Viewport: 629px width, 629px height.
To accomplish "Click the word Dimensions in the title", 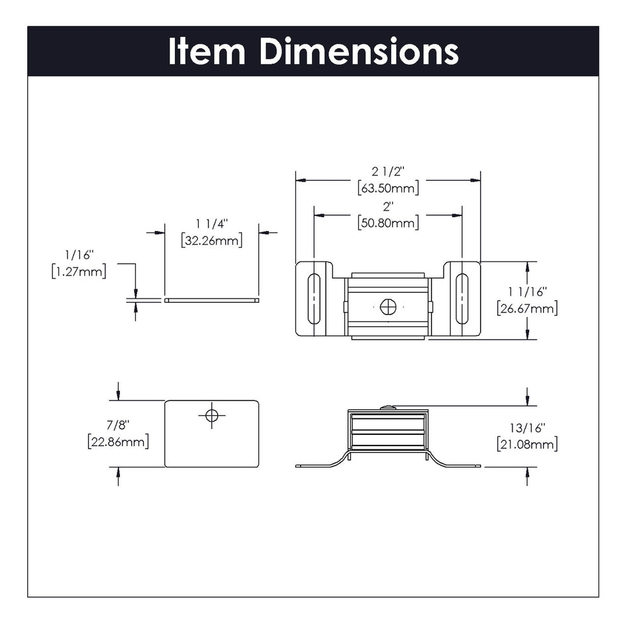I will coord(359,52).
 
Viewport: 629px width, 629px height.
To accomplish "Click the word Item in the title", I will coord(208,52).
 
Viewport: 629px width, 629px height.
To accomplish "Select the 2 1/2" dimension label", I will coord(388,171).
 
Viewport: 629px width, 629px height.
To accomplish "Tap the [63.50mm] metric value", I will coord(388,188).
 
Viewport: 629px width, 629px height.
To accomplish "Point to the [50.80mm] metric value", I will coord(388,223).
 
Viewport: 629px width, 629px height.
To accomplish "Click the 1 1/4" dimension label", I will coord(211,224).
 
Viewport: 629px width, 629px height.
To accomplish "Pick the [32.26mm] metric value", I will coord(211,240).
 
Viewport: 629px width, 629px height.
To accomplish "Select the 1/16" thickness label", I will coord(79,254).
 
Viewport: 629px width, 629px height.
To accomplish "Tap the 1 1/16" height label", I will coord(527,291).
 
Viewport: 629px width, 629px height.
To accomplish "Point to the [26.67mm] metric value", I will coord(527,308).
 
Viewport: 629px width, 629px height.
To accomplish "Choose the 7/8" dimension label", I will coord(118,424).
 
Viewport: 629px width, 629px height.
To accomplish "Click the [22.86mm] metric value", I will coord(118,442).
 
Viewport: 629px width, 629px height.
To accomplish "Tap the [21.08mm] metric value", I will coord(527,444).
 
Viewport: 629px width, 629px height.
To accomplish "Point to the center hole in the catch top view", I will coord(388,307).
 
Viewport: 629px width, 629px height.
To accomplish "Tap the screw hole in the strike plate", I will coord(211,415).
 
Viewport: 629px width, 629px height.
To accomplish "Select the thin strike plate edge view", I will coord(211,300).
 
